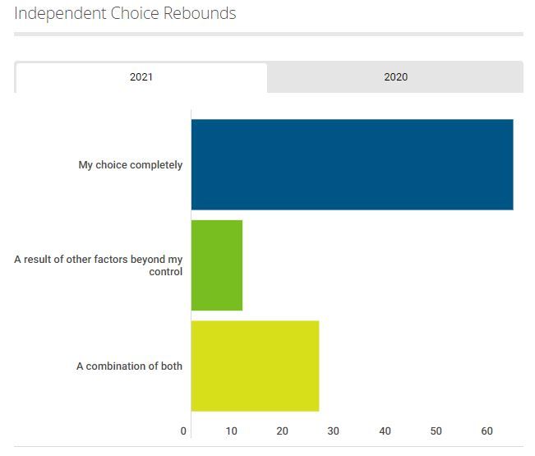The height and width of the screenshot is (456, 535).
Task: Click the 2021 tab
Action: point(141,77)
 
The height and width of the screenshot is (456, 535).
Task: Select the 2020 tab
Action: point(395,77)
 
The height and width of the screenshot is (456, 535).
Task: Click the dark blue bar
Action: point(352,164)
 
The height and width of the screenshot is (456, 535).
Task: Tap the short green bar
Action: point(217,265)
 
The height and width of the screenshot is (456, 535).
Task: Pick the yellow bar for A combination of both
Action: point(255,366)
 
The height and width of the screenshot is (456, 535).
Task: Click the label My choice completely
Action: point(131,165)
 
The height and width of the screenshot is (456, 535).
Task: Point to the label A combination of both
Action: point(129,366)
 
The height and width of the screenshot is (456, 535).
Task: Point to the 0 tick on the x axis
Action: point(183,431)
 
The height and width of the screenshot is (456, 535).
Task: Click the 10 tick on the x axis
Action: point(233,431)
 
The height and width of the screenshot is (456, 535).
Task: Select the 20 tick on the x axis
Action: point(283,431)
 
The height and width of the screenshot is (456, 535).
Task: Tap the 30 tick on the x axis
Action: point(334,431)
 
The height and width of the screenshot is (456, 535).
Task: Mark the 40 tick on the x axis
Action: point(385,431)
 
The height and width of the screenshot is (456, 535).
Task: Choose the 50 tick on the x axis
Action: point(436,431)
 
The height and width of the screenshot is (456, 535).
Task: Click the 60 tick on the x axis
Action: point(487,431)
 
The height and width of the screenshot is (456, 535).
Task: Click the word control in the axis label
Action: point(166,272)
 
